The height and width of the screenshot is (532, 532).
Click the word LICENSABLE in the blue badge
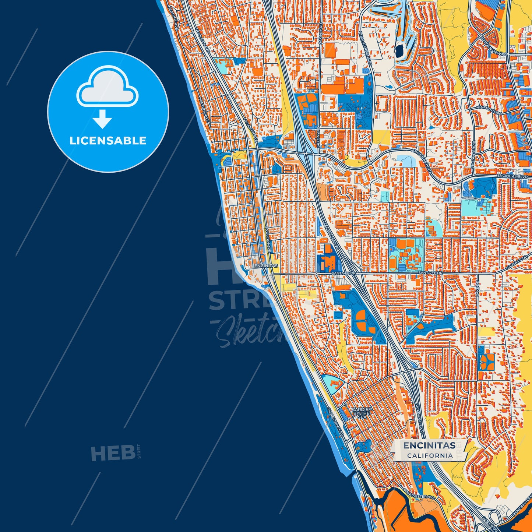pyautogui.click(x=108, y=141)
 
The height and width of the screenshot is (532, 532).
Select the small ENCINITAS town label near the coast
pyautogui.click(x=266, y=265)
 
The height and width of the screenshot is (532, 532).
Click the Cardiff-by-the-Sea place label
pyautogui.click(x=362, y=413)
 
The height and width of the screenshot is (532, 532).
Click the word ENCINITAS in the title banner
pyautogui.click(x=429, y=445)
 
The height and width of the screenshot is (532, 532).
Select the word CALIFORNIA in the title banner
pyautogui.click(x=430, y=455)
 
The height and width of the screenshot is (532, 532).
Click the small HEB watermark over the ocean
pyautogui.click(x=113, y=453)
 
